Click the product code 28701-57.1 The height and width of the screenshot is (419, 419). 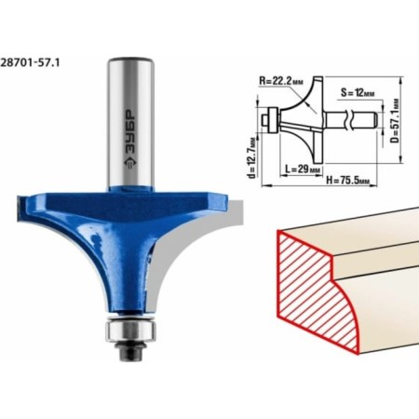pos(30,62)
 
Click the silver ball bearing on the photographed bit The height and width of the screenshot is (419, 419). pos(130,331)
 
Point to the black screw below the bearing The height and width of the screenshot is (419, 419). pos(130,351)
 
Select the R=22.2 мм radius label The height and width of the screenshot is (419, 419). pos(281,81)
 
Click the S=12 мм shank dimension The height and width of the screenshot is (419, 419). pos(357,93)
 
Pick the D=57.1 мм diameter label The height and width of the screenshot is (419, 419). pos(395,121)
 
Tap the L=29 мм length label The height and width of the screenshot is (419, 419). pos(303,169)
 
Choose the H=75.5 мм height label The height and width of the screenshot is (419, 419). pos(347,180)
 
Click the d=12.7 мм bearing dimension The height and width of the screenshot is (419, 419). pos(252,157)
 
